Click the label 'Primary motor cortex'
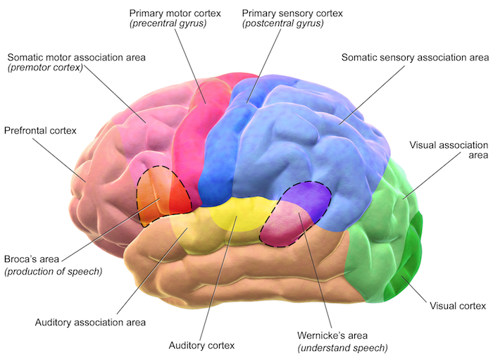(x=174, y=13)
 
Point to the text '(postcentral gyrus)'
(x=283, y=25)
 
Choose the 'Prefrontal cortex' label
(x=39, y=131)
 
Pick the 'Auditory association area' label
(x=90, y=322)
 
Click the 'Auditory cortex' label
(x=201, y=345)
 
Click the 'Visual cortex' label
(x=458, y=306)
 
